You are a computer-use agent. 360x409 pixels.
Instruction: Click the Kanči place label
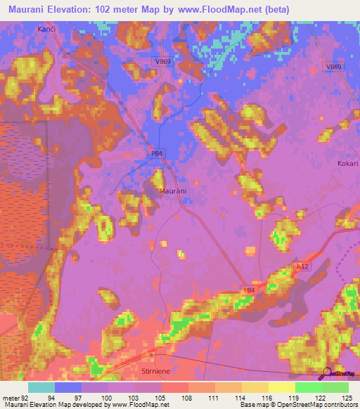[x=45, y=29]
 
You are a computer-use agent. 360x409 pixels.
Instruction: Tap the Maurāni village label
[x=172, y=191]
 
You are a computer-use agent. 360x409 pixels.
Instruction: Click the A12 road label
[x=302, y=266]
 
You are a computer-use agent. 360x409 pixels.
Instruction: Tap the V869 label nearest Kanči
[x=162, y=62]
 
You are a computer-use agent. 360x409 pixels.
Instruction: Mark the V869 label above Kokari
[x=333, y=66]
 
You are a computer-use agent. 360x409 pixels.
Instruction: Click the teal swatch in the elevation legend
[x=41, y=387]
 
